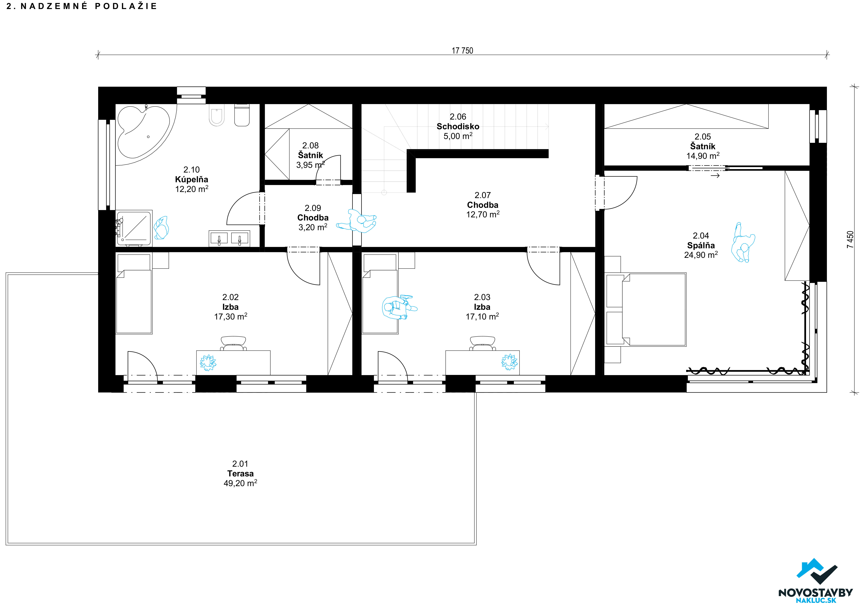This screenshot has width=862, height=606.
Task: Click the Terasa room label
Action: (240, 473)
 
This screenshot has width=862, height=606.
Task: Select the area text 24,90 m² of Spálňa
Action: (701, 255)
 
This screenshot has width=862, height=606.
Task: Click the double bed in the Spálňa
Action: (654, 309)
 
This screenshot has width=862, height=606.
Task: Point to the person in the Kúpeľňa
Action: (161, 228)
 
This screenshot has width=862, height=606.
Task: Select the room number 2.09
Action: (313, 208)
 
